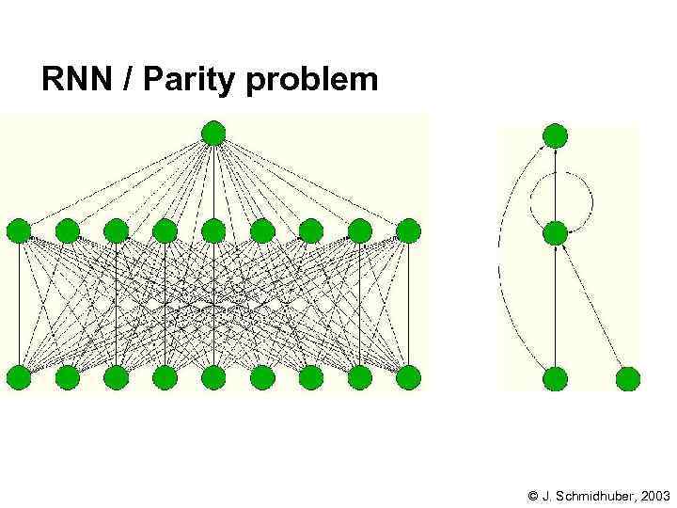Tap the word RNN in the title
tap(79, 80)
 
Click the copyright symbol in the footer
tap(533, 495)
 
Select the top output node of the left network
tap(213, 134)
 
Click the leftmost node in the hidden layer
tap(19, 230)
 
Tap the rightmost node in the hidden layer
tap(408, 230)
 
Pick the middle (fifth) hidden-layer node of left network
tap(213, 230)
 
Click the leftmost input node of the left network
tap(19, 378)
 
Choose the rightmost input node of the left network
tap(408, 378)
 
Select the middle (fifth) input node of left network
tap(213, 378)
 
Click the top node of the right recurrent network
tap(556, 135)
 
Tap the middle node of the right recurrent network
tap(556, 232)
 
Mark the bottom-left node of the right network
tap(556, 378)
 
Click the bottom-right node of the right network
tap(628, 378)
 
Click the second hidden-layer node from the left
tap(68, 230)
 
